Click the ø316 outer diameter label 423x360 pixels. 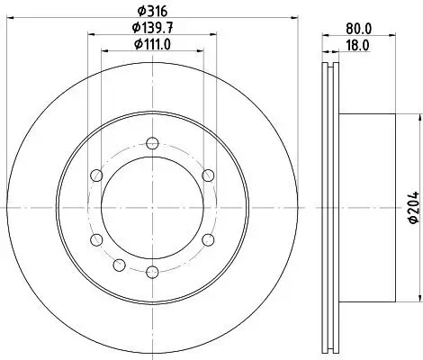coord(148,12)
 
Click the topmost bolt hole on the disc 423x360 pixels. coord(150,142)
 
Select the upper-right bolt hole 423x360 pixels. coord(208,175)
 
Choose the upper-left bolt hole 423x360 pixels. coord(93,175)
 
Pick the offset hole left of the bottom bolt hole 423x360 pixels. coord(119,264)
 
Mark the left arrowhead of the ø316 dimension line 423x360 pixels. coord(10,20)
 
